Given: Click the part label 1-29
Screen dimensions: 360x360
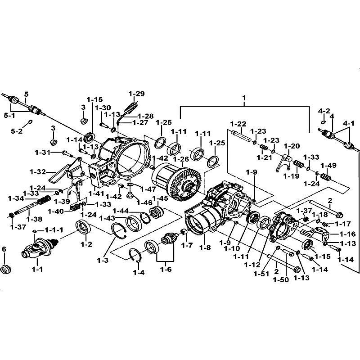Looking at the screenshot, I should click(x=136, y=94).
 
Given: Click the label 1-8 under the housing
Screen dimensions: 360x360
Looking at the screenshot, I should click(x=205, y=247).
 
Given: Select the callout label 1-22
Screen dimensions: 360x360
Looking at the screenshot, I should click(x=238, y=124).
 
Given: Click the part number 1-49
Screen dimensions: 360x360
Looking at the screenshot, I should click(x=328, y=165).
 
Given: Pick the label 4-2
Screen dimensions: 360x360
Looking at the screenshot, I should click(x=324, y=111).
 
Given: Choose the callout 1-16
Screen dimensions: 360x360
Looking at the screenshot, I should click(x=346, y=234).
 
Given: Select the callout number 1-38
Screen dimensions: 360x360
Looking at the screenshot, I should click(x=34, y=219).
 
